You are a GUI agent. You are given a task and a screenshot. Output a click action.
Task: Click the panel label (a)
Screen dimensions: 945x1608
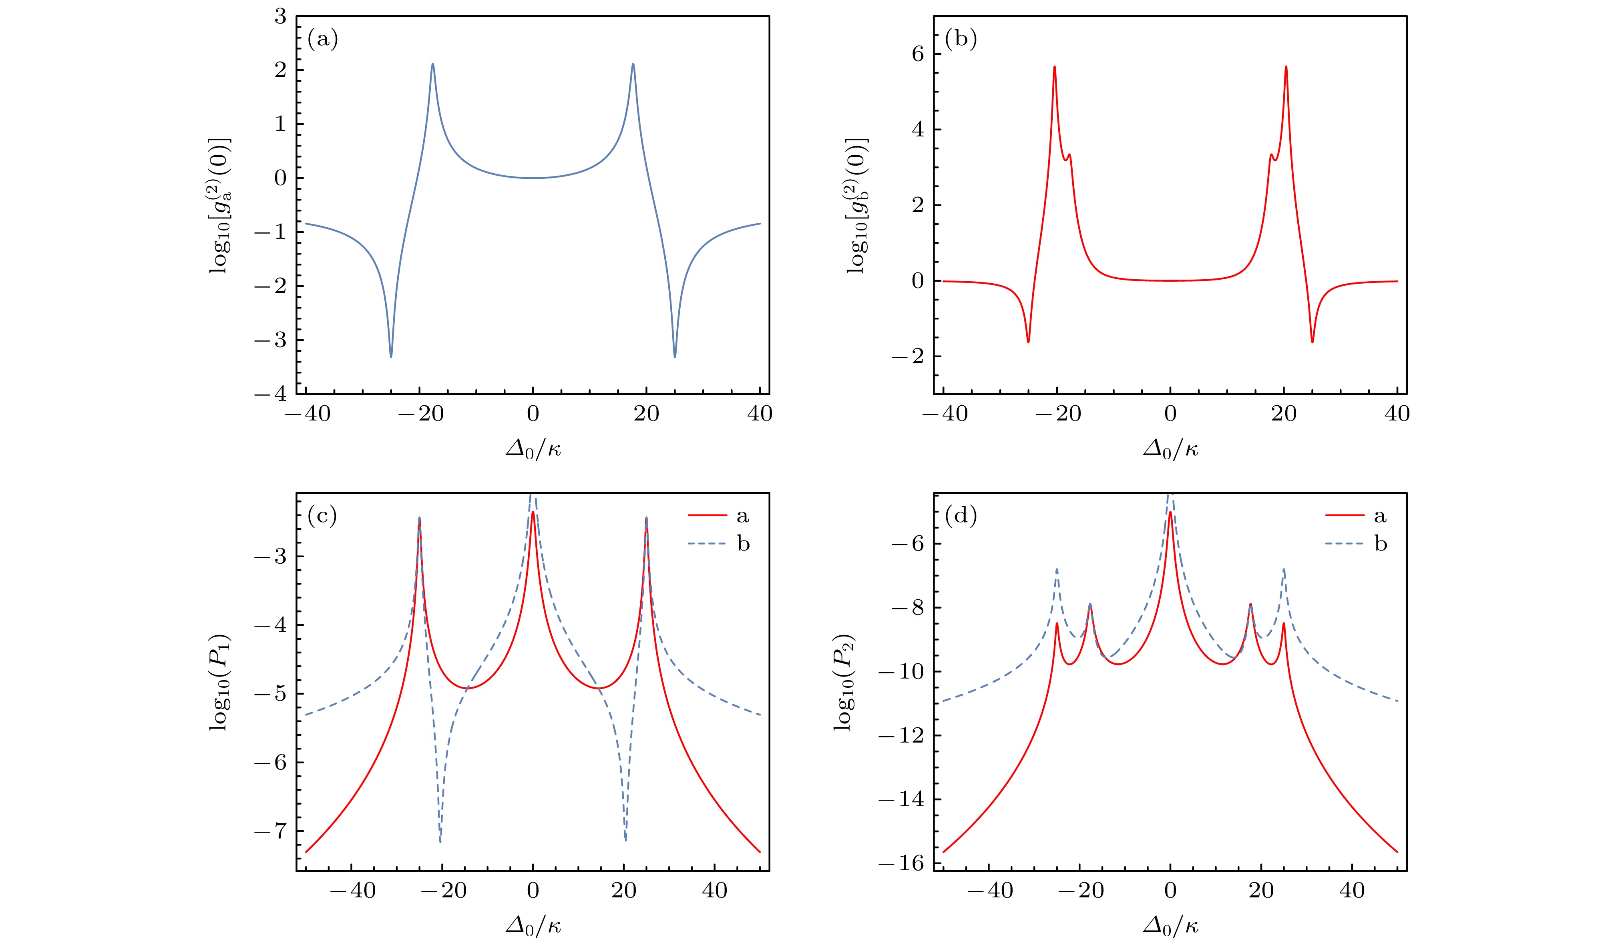(x=322, y=40)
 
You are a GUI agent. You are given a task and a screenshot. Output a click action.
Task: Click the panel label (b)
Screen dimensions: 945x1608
(x=960, y=40)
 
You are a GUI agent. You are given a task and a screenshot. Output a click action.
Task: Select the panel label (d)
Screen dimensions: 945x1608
(x=960, y=516)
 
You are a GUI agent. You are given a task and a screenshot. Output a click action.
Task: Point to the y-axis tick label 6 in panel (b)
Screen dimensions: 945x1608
(x=918, y=54)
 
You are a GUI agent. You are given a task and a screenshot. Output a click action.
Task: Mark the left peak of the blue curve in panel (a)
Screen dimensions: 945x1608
(x=432, y=64)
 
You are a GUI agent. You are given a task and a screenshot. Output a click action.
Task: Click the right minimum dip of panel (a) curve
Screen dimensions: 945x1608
(x=674, y=356)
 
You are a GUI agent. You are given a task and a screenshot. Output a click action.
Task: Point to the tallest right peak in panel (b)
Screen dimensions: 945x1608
(x=1286, y=67)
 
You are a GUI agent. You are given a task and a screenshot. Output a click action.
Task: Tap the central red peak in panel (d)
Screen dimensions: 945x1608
(x=1170, y=513)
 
